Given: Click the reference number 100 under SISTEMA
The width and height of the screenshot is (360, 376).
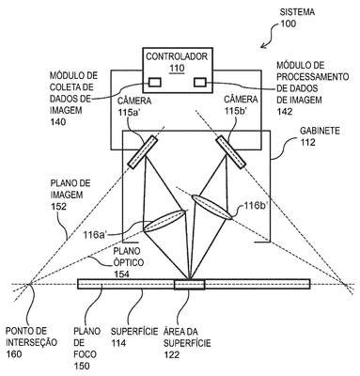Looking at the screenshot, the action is point(289,23).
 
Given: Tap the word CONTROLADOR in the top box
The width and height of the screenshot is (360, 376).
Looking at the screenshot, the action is point(177,56).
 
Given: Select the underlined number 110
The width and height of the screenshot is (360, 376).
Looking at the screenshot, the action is point(177,68).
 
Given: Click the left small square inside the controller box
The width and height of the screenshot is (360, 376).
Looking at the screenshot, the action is point(155,82).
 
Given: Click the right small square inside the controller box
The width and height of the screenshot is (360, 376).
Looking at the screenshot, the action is point(200,82).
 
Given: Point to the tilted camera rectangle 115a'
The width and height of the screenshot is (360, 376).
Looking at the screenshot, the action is point(142,152).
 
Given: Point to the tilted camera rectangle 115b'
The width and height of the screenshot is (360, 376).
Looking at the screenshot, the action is point(230,152).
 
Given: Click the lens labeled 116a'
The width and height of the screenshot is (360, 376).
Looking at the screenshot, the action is point(164,221).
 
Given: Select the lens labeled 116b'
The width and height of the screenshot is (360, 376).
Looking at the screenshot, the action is point(211,207).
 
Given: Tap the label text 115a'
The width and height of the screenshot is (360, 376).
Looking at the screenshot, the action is point(131,112).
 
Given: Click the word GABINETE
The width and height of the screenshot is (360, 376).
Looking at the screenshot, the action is point(320,131).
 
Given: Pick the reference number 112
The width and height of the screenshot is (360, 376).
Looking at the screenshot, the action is point(307,143).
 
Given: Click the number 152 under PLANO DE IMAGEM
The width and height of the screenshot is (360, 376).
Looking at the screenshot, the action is point(58,207).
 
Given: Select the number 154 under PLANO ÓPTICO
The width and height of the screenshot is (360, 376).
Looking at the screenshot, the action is point(121,274).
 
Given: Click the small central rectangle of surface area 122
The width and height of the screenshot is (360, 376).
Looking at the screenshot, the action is point(190,284).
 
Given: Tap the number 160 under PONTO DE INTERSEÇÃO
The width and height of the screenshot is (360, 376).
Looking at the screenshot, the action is point(14,354).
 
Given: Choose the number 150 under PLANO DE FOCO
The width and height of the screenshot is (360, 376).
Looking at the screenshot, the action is point(82,366).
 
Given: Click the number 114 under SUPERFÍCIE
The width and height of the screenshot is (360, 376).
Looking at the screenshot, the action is point(118,343).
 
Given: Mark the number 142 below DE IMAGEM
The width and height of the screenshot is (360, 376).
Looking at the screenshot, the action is point(285,112).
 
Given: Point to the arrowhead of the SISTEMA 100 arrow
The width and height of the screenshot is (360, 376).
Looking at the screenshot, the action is point(262,47).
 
